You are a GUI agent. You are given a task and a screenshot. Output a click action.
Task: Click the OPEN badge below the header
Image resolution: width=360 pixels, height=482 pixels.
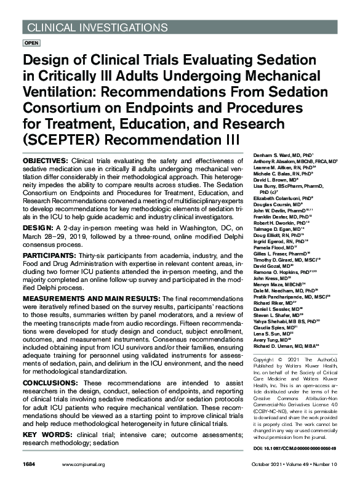point(31,44)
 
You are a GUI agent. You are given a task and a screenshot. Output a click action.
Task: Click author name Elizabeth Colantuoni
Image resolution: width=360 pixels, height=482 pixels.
point(280,199)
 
